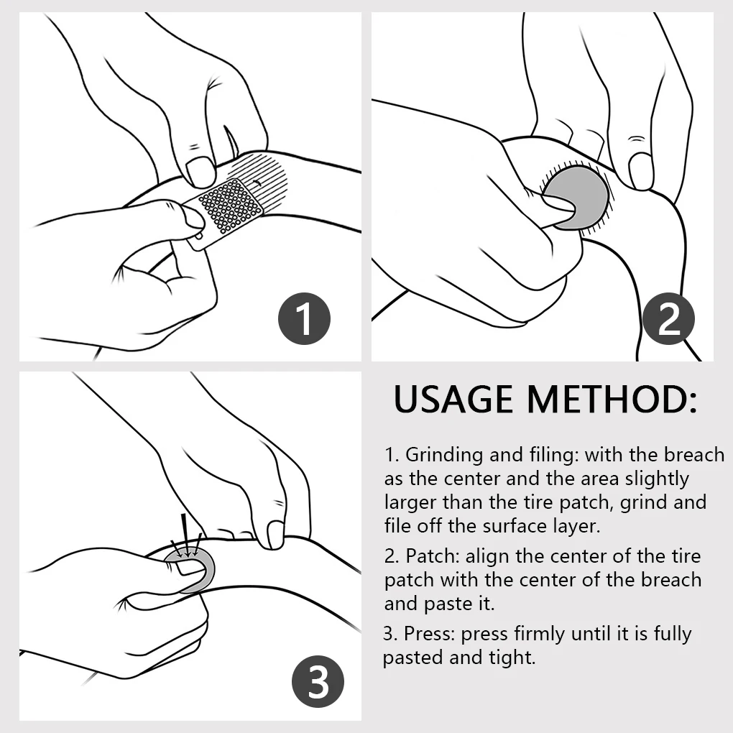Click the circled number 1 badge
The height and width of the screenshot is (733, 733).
tap(304, 319)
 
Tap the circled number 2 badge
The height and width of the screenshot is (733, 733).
tap(668, 319)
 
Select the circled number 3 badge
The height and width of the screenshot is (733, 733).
tap(318, 682)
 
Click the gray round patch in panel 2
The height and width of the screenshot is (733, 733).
tap(576, 198)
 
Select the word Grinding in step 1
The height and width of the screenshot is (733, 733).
tap(444, 456)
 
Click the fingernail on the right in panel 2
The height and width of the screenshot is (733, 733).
tap(640, 171)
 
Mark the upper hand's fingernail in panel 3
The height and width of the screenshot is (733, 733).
tap(275, 535)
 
